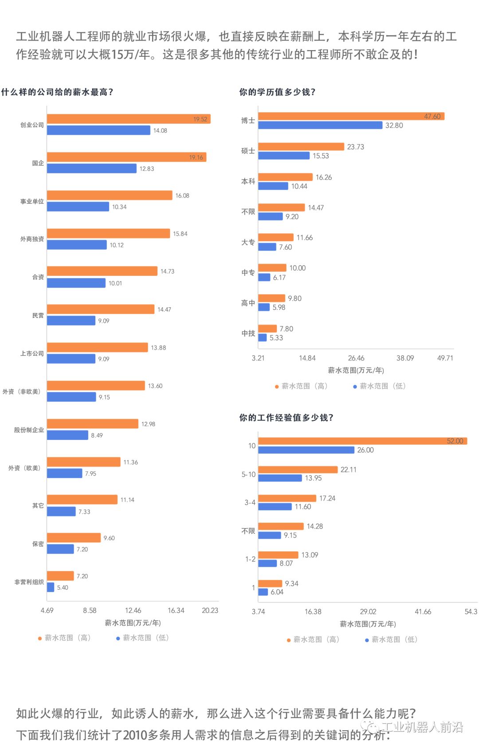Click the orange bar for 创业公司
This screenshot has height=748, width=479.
pos(129,119)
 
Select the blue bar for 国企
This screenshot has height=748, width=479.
pos(92,168)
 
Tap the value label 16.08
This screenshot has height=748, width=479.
pos(182,196)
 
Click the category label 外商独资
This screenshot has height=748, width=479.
pos(32,239)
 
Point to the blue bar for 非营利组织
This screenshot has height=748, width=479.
pos(51,587)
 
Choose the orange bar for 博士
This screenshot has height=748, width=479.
pos(351,116)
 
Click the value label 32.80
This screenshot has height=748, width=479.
pos(394,125)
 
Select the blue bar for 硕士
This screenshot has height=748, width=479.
pos(284,156)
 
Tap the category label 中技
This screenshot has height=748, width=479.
pos(248,333)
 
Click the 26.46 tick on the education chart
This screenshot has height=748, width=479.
pos(356,358)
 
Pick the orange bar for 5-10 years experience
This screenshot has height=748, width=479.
pos(298,470)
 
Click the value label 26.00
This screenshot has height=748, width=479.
pos(365,450)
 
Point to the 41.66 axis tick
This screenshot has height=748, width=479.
pos(423,612)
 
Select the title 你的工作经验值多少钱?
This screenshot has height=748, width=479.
pos(286,418)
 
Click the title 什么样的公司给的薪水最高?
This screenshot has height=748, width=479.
pos(57,92)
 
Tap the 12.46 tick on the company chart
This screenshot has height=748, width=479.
pos(133,611)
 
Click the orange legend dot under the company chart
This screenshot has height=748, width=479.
pos(40,638)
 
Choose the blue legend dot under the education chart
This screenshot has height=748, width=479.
pos(355,387)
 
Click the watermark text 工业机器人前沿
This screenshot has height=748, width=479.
pos(421,727)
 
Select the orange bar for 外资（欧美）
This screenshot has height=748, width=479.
pos(84,462)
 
